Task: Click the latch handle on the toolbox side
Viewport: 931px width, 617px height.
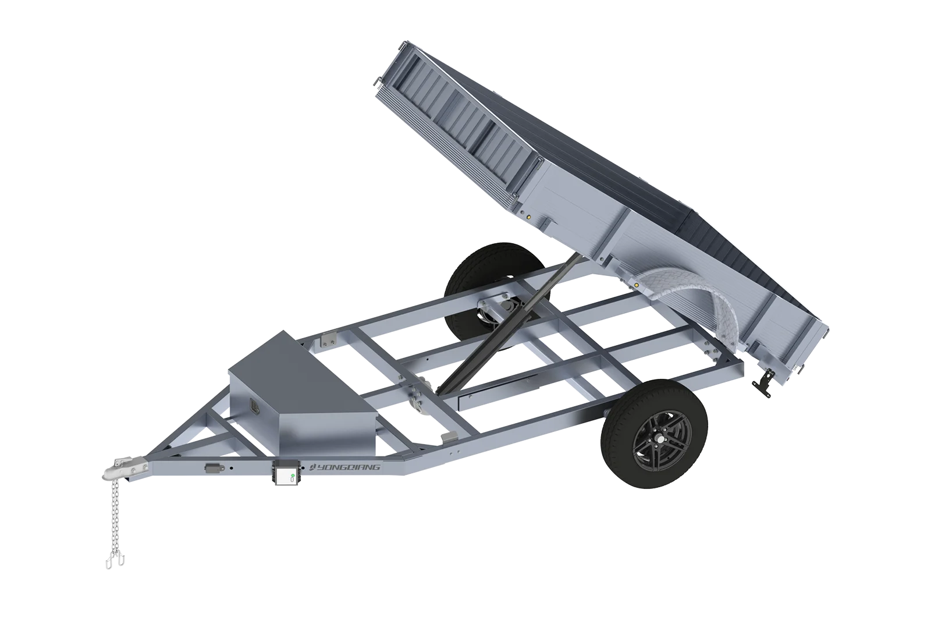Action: (254, 405)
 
